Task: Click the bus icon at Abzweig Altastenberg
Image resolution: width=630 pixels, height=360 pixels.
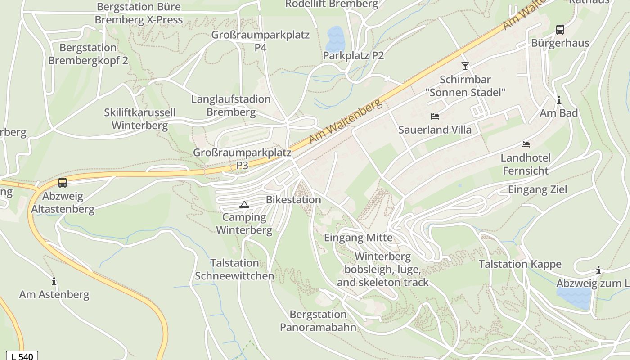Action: pyautogui.click(x=63, y=183)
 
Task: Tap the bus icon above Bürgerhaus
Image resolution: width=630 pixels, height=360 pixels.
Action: pyautogui.click(x=560, y=30)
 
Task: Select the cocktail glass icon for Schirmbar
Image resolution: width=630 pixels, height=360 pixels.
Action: pyautogui.click(x=465, y=66)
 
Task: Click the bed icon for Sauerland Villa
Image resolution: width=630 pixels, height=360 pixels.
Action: pyautogui.click(x=435, y=117)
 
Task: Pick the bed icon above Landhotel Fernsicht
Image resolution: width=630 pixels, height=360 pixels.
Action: pyautogui.click(x=526, y=144)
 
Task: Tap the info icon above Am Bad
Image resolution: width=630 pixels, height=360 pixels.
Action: pyautogui.click(x=559, y=100)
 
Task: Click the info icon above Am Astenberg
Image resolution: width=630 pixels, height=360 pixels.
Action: pyautogui.click(x=54, y=282)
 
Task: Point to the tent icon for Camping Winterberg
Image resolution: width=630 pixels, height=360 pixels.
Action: pyautogui.click(x=244, y=204)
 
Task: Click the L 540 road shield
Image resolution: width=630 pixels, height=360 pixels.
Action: pyautogui.click(x=22, y=356)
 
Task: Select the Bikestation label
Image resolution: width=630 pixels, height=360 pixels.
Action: pyautogui.click(x=293, y=199)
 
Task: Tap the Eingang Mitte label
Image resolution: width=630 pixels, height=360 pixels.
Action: pyautogui.click(x=358, y=238)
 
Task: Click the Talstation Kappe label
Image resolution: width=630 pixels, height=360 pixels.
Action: pyautogui.click(x=520, y=264)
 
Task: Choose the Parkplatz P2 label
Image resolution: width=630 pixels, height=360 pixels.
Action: pyautogui.click(x=353, y=55)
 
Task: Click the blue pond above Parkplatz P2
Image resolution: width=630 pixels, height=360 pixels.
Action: pyautogui.click(x=335, y=38)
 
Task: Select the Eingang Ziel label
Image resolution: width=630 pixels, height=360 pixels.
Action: pyautogui.click(x=537, y=189)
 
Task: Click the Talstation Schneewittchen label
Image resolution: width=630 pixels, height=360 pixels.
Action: pyautogui.click(x=234, y=269)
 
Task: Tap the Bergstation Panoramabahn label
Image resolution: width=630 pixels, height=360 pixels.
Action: pyautogui.click(x=318, y=320)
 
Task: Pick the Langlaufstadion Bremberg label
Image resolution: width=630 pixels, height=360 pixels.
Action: pyautogui.click(x=231, y=105)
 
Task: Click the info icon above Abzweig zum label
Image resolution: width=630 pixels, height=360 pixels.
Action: pyautogui.click(x=598, y=270)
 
